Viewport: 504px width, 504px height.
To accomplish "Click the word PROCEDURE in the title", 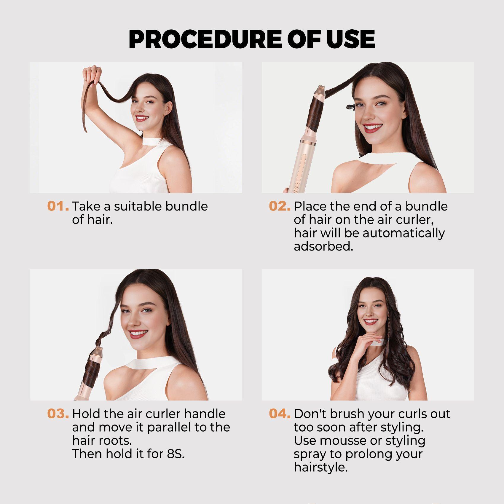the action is click(205, 39).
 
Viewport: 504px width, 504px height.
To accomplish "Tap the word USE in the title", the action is click(350, 39).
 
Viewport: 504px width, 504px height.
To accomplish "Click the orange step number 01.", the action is click(58, 206).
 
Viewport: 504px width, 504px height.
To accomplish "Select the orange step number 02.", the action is click(280, 206).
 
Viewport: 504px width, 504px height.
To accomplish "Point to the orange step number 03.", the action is click(58, 414).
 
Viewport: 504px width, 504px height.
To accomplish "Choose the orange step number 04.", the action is click(280, 414).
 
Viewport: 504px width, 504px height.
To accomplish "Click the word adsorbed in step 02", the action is click(323, 246).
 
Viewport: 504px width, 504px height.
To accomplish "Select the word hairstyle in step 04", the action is click(320, 468).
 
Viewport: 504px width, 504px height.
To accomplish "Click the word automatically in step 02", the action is click(403, 233).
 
